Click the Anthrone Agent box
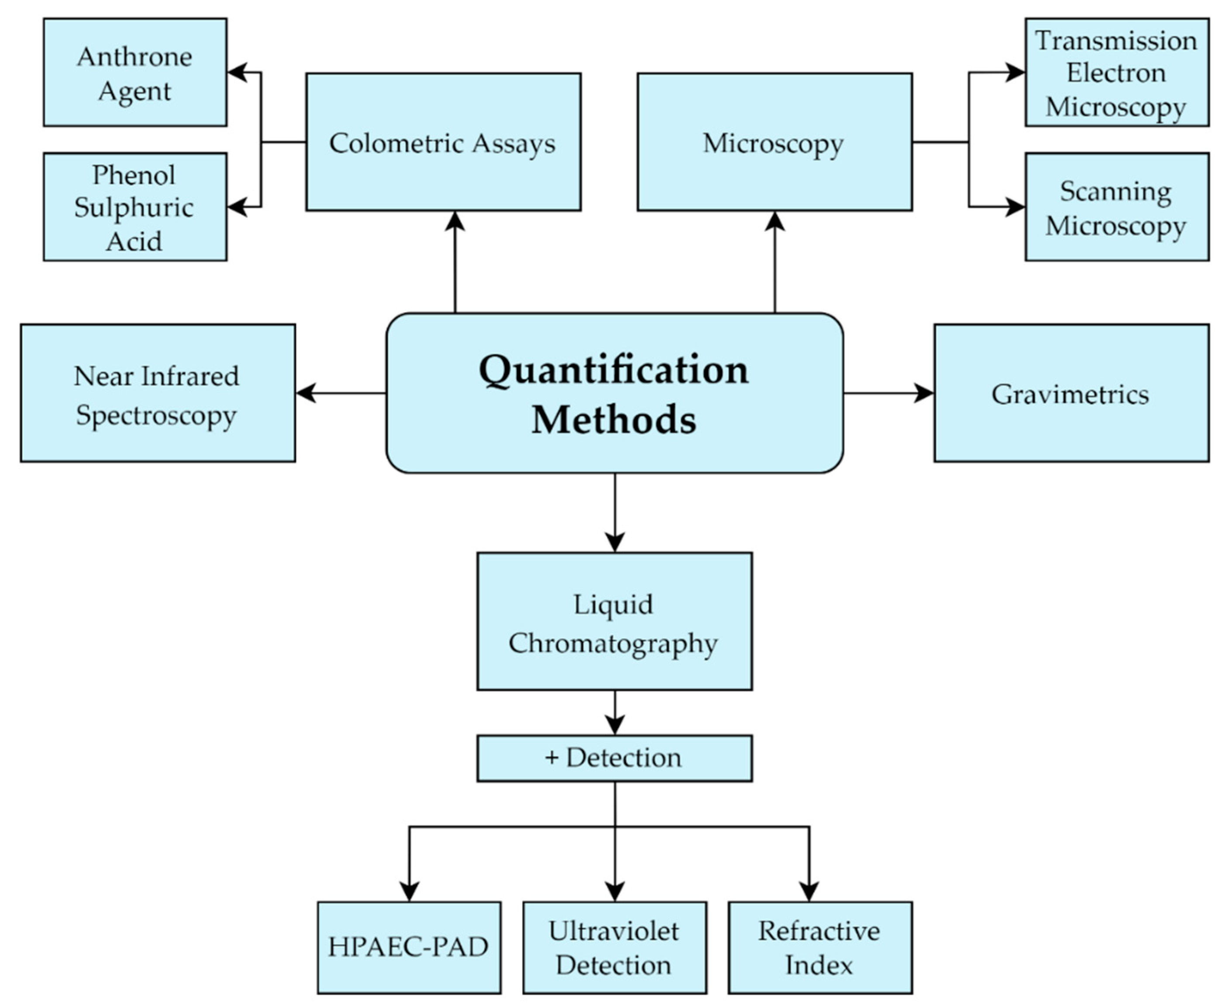[135, 72]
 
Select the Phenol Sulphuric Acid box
[135, 207]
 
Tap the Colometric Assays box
[443, 142]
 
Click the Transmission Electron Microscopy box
[1116, 72]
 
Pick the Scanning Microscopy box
[1116, 207]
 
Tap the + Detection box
[614, 758]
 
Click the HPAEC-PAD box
[409, 947]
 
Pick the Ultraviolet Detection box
[614, 947]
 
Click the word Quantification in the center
[614, 370]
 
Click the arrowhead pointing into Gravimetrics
[924, 393]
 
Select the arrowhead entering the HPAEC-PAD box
[409, 891]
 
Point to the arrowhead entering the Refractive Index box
[809, 891]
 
